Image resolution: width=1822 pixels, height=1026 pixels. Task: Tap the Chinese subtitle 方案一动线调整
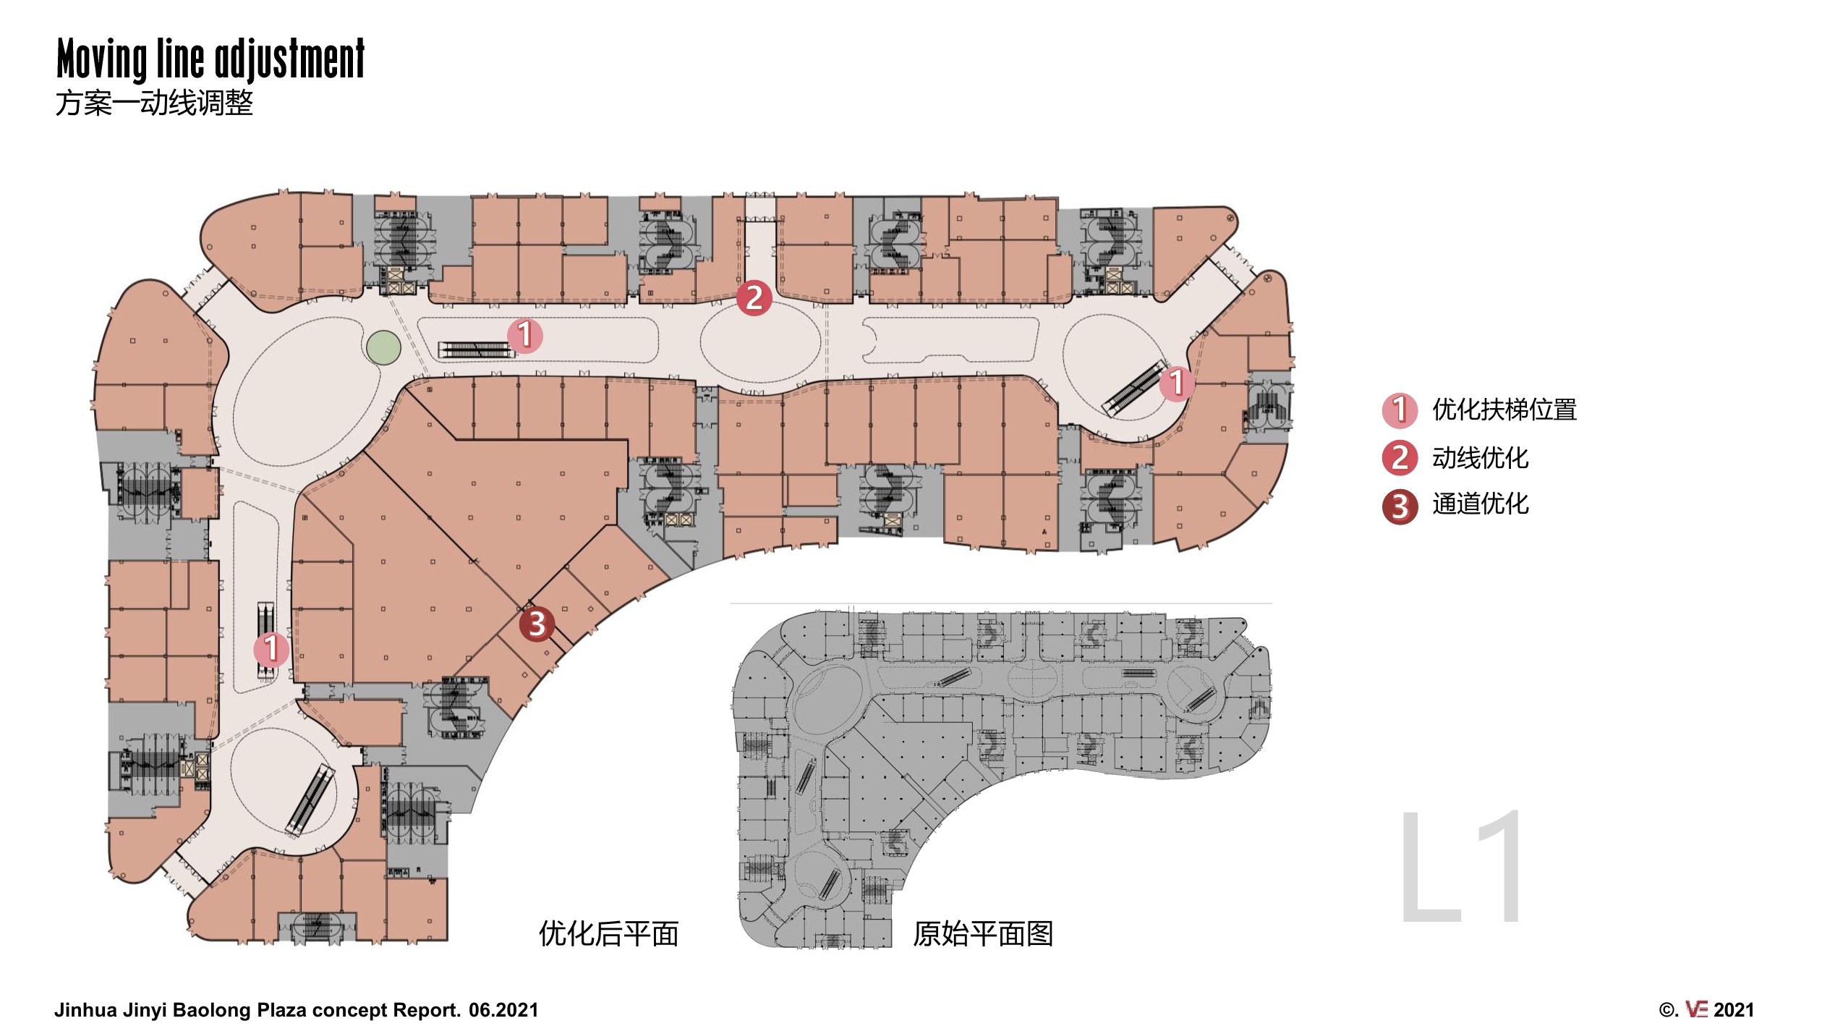(x=154, y=103)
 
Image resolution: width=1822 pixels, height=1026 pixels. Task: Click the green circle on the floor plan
(x=383, y=347)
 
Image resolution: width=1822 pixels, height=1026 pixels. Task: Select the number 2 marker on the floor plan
(x=754, y=297)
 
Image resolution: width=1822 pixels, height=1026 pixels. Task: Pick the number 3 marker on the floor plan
(x=537, y=624)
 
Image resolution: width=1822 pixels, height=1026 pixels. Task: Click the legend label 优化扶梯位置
(x=1504, y=410)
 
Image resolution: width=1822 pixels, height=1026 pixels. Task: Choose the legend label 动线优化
(x=1481, y=458)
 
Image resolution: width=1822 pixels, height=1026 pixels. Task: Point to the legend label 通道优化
(x=1481, y=504)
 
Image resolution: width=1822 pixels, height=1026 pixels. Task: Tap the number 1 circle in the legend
(x=1400, y=410)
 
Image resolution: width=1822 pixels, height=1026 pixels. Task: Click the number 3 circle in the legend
(x=1400, y=506)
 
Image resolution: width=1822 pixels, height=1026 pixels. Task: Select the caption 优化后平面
(x=608, y=934)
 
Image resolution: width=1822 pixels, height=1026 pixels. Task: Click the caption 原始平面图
(x=983, y=934)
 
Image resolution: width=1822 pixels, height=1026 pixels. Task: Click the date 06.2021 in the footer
(x=503, y=1010)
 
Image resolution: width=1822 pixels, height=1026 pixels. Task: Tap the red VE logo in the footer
(x=1696, y=1009)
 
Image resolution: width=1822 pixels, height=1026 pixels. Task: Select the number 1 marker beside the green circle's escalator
(x=525, y=335)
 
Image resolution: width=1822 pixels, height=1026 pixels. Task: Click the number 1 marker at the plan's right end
(x=1177, y=383)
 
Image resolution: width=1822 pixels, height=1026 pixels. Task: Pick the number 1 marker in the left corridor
(x=271, y=648)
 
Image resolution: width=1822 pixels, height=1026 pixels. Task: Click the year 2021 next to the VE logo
(x=1734, y=1010)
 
